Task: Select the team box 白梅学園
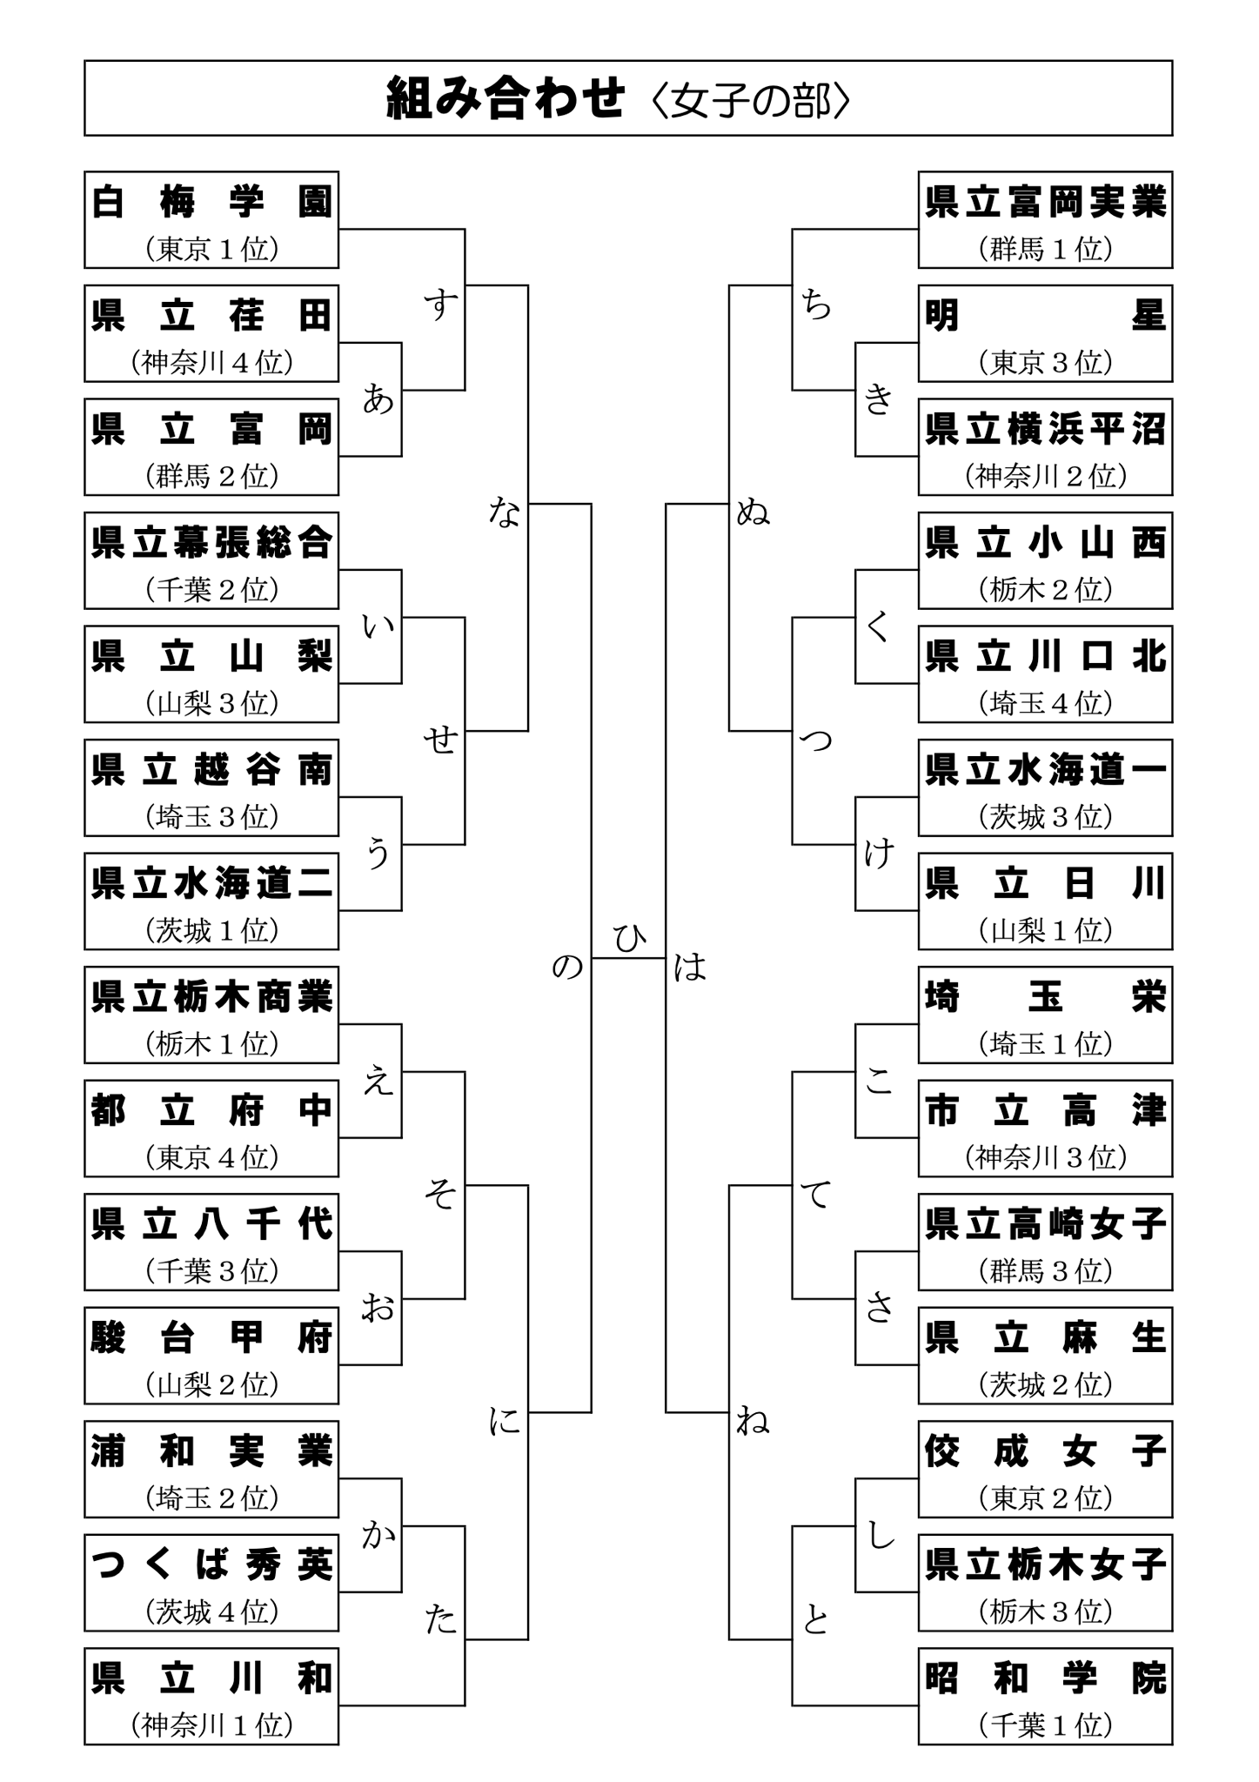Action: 211,220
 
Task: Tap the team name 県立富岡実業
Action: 1045,203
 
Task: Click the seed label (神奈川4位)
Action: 211,363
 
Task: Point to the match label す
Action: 441,304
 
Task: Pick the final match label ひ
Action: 628,939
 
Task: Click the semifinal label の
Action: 567,966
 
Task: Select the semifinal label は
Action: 690,966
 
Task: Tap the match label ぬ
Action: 753,512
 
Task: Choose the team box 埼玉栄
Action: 1045,1015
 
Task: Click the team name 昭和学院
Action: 1045,1678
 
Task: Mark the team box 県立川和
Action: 211,1696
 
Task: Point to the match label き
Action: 879,399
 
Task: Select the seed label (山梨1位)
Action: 1045,931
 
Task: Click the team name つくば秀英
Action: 211,1565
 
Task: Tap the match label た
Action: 441,1619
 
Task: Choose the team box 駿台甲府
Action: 211,1355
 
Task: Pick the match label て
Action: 816,1194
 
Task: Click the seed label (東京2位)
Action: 1045,1498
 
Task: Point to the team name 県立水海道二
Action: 211,884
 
